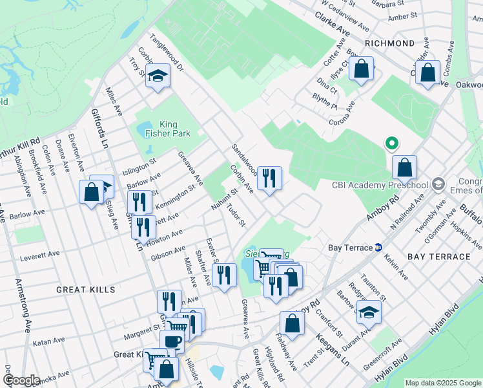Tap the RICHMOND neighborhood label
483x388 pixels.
pyautogui.click(x=389, y=43)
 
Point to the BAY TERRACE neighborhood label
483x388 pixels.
pyautogui.click(x=439, y=257)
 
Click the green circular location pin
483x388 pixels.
pyautogui.click(x=390, y=144)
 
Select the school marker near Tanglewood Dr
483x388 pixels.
pyautogui.click(x=156, y=77)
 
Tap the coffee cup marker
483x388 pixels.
pyautogui.click(x=172, y=340)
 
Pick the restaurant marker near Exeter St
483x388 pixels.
pyautogui.click(x=223, y=275)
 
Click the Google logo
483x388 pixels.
pyautogui.click(x=21, y=380)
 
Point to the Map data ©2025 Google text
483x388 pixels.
pyautogui.click(x=442, y=383)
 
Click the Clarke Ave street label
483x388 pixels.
pyautogui.click(x=333, y=27)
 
